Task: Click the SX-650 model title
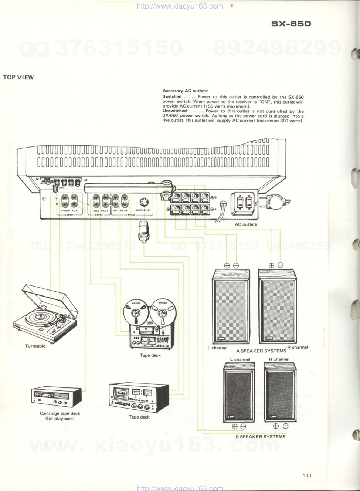(291, 24)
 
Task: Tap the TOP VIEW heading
(18, 77)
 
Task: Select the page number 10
(307, 475)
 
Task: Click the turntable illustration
(48, 312)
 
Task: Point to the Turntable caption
(35, 346)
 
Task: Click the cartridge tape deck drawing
(56, 397)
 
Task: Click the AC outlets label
(245, 224)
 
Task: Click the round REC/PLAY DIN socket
(144, 202)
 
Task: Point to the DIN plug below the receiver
(143, 231)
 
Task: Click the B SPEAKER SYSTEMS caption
(261, 437)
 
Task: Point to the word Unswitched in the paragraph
(175, 111)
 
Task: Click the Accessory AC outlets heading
(185, 91)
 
